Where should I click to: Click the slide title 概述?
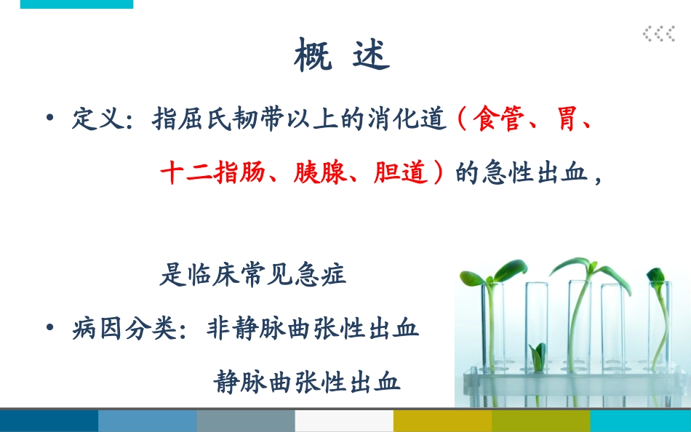coord(342,56)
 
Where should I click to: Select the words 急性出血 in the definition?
coord(534,175)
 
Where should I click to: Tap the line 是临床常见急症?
coord(253,274)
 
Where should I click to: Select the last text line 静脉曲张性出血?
coord(307,381)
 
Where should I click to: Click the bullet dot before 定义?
coord(49,118)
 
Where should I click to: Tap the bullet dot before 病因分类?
coord(49,327)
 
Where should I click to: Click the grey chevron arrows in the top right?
coord(658,33)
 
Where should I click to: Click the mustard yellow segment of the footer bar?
coord(442,421)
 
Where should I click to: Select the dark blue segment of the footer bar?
coord(49,421)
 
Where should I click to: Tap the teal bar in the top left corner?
coord(76,4)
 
